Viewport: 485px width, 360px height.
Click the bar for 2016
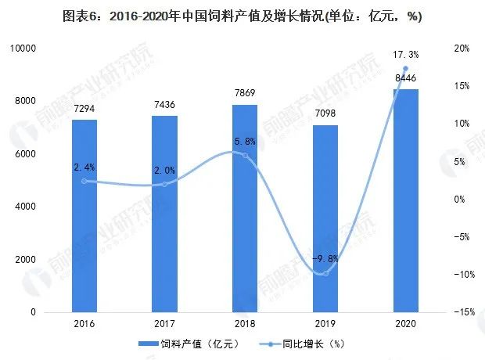(x=84, y=215)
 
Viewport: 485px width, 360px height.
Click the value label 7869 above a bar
(x=245, y=95)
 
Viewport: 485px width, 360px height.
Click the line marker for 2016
(x=84, y=181)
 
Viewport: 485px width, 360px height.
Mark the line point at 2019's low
(x=325, y=273)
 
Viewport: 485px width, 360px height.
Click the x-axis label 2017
(x=164, y=323)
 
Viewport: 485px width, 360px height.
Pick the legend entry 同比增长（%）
(x=313, y=344)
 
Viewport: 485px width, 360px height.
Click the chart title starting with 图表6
(x=242, y=16)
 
